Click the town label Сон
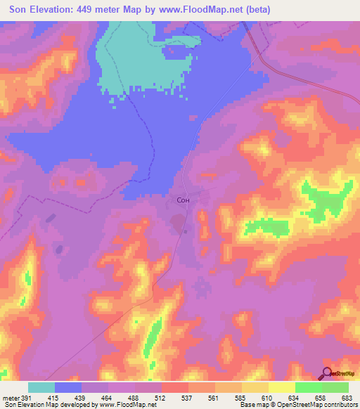183,200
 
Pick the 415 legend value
56,397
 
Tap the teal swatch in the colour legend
41,387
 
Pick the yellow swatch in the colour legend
281,387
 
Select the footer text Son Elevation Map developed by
44,405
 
